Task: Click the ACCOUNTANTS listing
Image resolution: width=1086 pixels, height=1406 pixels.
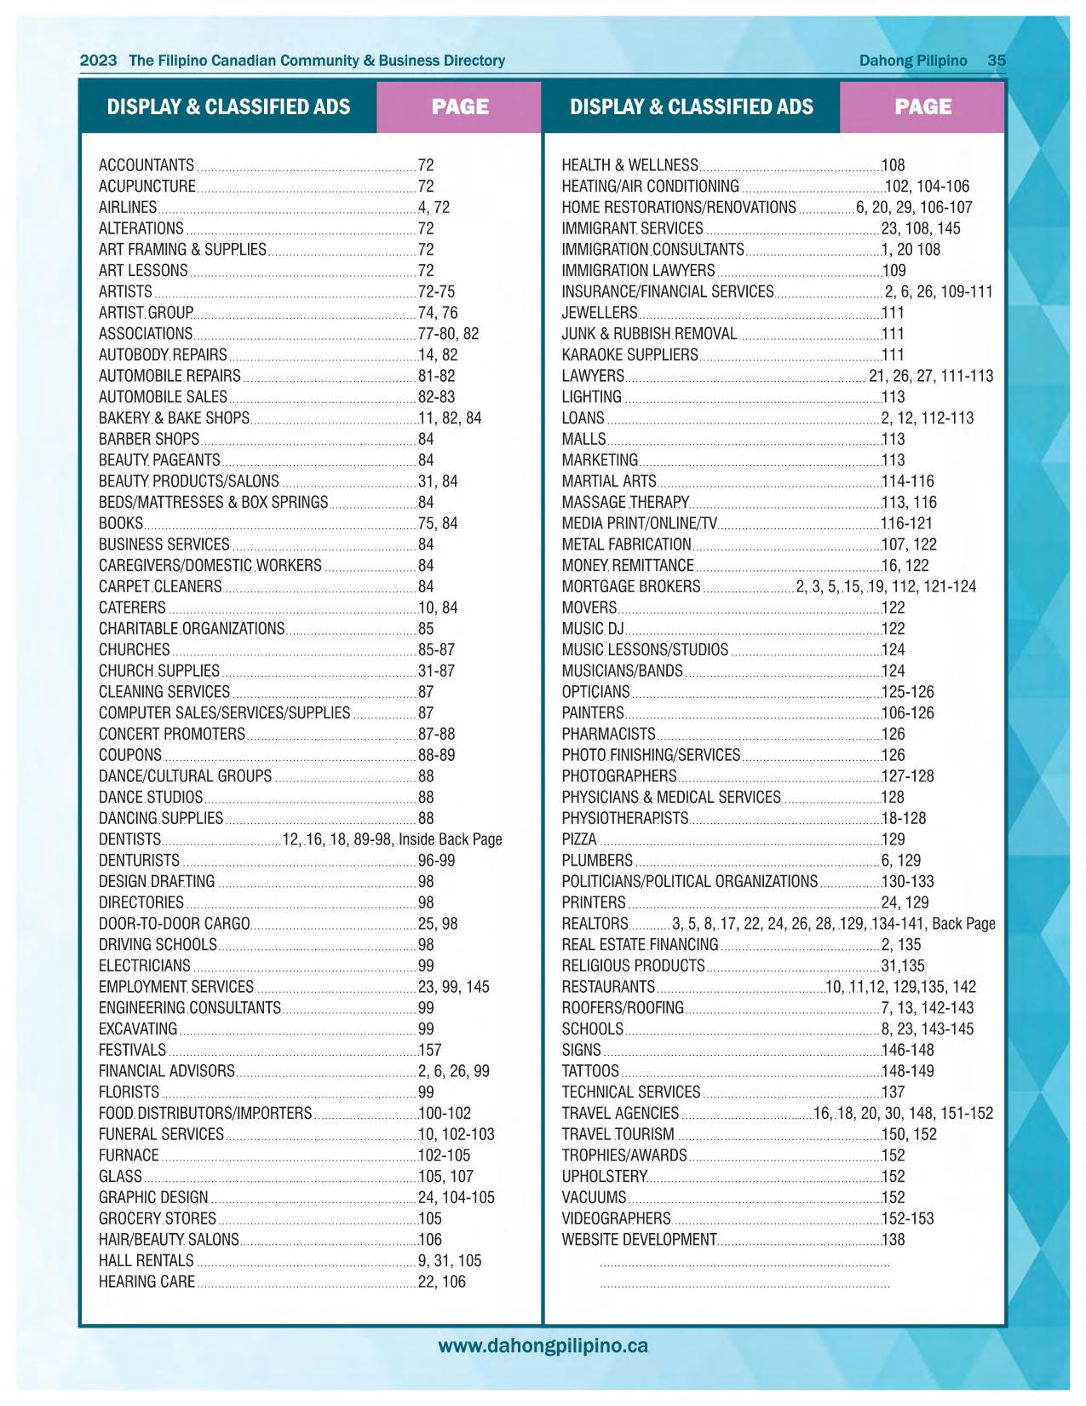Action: [x=147, y=165]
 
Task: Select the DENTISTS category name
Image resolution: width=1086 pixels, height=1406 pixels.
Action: [x=129, y=839]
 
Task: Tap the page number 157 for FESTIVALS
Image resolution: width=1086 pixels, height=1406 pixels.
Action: [x=429, y=1050]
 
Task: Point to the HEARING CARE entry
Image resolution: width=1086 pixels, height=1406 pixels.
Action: [x=147, y=1282]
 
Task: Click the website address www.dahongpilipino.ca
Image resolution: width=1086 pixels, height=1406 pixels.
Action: [x=543, y=1346]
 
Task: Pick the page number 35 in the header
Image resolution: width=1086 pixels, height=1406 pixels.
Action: [x=997, y=61]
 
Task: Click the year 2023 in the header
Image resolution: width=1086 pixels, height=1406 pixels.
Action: [x=98, y=61]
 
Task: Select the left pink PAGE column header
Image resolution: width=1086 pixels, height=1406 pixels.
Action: [x=460, y=107]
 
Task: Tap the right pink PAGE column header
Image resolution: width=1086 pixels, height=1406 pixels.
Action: [x=923, y=107]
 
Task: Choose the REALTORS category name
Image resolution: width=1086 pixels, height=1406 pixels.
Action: [x=595, y=924]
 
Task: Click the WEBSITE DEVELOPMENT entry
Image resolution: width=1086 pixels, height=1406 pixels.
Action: [x=639, y=1240]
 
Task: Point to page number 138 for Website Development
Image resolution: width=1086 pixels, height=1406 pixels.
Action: [x=893, y=1240]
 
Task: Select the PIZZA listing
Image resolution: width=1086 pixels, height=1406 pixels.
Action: [x=579, y=839]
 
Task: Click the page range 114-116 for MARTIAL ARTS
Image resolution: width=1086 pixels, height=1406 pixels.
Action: [x=908, y=481]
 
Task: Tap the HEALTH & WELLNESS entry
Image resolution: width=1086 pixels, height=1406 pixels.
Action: [x=629, y=165]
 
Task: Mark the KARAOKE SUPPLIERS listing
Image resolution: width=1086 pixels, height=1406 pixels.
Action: [x=629, y=355]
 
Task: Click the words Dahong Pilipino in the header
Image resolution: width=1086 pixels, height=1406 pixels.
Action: [x=913, y=61]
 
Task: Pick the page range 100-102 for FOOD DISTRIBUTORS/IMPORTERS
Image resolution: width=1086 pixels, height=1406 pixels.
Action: [x=444, y=1114]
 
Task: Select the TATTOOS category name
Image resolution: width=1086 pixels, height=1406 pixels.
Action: [x=590, y=1071]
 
